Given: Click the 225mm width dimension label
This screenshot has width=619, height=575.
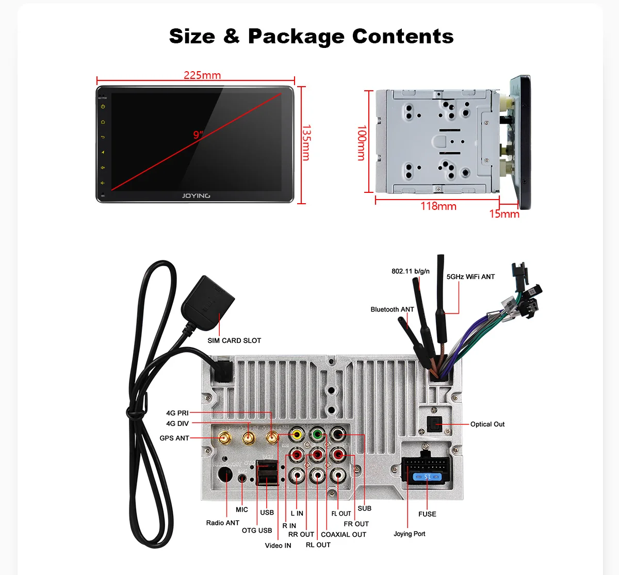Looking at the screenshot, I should point(202,75).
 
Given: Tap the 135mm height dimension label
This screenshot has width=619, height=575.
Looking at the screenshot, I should point(306,142).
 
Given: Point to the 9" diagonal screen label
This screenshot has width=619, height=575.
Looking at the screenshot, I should point(198,135).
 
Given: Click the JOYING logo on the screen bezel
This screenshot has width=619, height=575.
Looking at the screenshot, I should point(196,196).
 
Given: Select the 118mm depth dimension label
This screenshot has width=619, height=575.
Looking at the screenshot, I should point(438,206).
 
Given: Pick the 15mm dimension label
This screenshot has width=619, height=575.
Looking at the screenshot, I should point(504,213).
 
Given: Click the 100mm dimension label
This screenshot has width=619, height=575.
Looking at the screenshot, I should point(362,143).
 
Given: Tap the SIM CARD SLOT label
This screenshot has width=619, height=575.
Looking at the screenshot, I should point(234,340).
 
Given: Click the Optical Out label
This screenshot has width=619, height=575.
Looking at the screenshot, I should point(487,424).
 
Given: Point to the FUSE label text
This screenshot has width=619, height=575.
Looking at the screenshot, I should point(427,514).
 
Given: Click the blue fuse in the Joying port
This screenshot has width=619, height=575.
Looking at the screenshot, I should point(427,477).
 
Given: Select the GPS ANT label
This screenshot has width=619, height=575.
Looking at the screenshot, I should point(174,438).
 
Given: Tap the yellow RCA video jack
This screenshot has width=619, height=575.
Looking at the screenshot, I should point(297,435).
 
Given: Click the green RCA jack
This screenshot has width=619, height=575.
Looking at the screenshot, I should point(317,435).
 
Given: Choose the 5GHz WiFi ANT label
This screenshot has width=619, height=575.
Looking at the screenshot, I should point(470,277).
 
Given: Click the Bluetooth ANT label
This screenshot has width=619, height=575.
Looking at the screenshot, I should point(392,309).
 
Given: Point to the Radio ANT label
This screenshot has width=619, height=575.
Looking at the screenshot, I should point(223,523).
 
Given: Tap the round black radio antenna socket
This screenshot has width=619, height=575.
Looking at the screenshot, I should point(226,474).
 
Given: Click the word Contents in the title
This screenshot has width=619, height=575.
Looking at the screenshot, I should point(403,37).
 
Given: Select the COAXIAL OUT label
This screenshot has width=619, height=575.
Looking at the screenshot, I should point(344,535).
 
